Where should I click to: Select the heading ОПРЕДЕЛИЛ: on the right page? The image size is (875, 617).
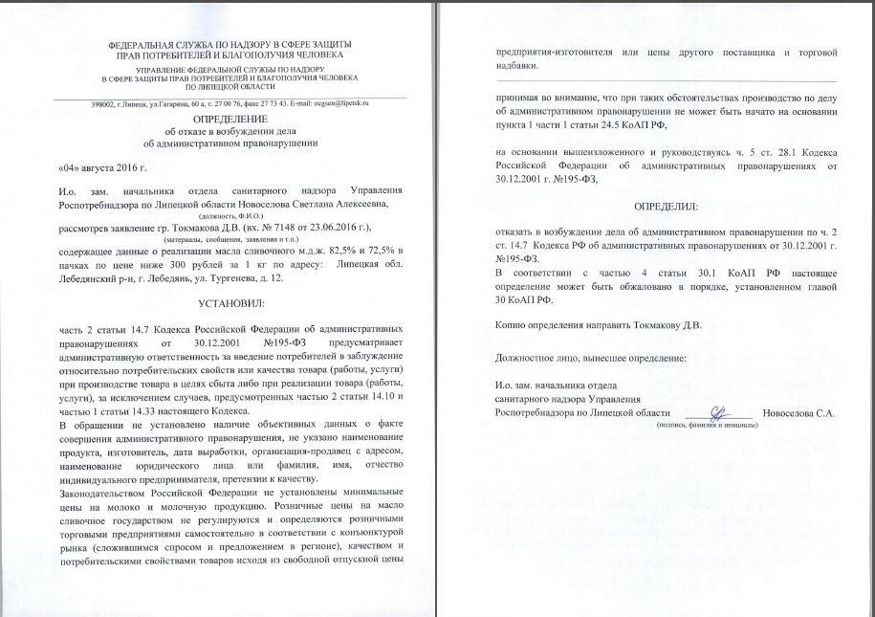pyautogui.click(x=666, y=206)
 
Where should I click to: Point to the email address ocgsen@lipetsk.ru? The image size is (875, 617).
pyautogui.click(x=341, y=102)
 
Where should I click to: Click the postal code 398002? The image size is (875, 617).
pyautogui.click(x=104, y=102)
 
